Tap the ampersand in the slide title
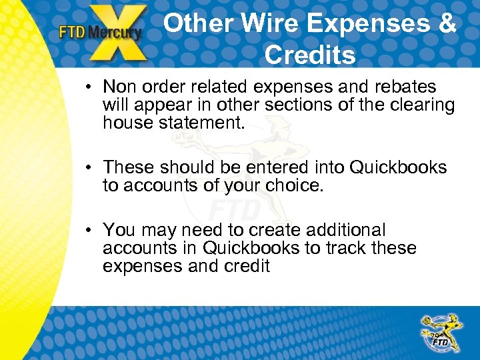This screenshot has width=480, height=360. click(x=446, y=24)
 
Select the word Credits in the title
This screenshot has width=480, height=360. click(x=310, y=55)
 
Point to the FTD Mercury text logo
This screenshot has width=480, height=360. click(x=100, y=32)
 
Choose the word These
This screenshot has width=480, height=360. click(x=129, y=168)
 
